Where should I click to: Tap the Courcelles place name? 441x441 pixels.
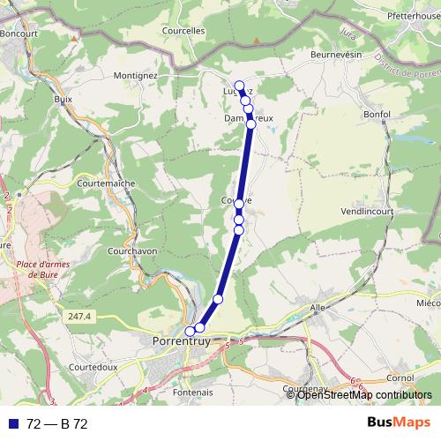coord(183,29)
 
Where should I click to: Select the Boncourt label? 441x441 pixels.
coord(23,34)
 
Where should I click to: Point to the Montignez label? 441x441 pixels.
coord(135,76)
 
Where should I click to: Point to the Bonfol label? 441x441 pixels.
coord(377,115)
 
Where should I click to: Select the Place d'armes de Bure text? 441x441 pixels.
coord(36,267)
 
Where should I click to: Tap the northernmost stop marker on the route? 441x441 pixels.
coord(239,86)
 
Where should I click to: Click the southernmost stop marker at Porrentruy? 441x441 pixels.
coord(190,332)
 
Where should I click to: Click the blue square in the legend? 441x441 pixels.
coord(13,424)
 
